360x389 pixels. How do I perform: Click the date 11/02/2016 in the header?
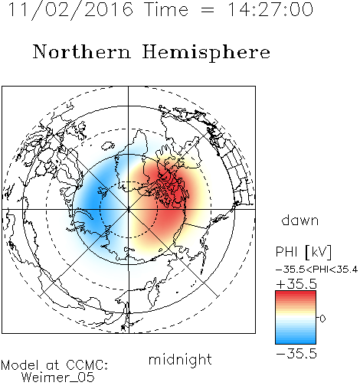[x=70, y=10]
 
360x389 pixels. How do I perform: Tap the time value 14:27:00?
[x=270, y=9]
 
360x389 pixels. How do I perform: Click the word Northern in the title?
[x=82, y=52]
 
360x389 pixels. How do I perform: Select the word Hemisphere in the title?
[x=206, y=53]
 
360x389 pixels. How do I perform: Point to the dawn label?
[x=300, y=220]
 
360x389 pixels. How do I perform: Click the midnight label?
[x=180, y=360]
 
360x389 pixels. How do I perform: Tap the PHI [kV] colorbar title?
[x=303, y=252]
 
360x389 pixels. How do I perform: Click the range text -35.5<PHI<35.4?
[x=316, y=270]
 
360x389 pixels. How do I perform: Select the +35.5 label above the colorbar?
[x=296, y=284]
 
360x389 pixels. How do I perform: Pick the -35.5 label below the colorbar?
[x=296, y=354]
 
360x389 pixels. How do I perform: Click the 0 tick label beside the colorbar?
[x=322, y=319]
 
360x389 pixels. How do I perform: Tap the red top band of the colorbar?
[x=296, y=294]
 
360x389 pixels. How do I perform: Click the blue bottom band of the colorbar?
[x=296, y=341]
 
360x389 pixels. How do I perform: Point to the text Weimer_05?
[x=58, y=378]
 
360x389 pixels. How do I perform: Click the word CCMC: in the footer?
[x=87, y=365]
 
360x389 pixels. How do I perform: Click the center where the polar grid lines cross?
[x=128, y=209]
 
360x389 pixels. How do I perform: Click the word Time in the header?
[x=166, y=9]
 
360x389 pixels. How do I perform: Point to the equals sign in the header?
[x=208, y=10]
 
